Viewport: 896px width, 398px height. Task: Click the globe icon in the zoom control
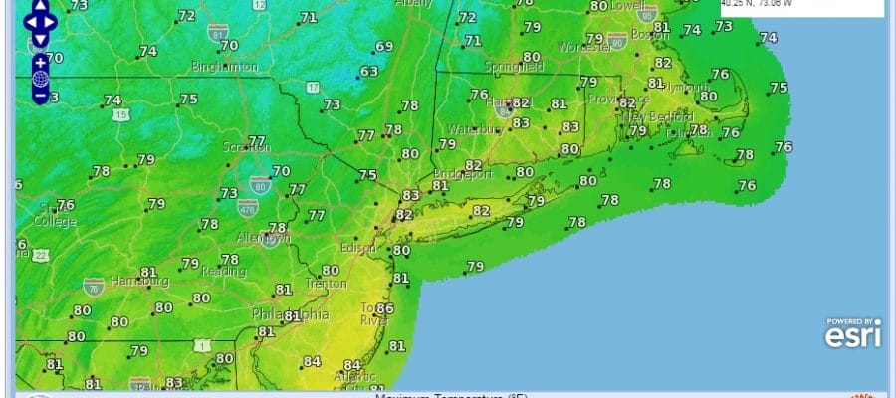(40, 79)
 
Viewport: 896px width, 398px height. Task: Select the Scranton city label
(246, 147)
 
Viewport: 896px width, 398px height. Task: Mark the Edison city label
(358, 247)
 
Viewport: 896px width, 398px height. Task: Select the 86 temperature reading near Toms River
(385, 309)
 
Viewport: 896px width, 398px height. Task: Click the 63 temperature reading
(369, 72)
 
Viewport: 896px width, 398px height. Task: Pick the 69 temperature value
(384, 47)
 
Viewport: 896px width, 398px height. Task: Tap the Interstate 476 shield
(247, 208)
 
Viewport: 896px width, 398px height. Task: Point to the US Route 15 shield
(121, 115)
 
